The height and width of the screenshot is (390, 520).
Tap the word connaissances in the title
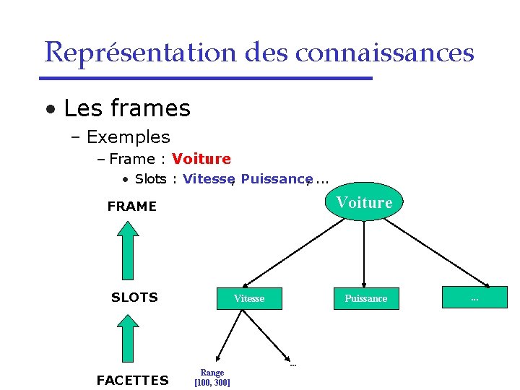[385, 53]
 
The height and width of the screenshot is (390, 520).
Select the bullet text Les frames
[126, 108]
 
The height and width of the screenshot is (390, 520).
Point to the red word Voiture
[201, 159]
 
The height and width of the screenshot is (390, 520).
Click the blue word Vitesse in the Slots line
[208, 179]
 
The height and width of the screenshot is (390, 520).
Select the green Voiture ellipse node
[364, 202]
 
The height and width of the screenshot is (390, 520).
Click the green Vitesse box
[248, 298]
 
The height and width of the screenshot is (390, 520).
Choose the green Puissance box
[365, 298]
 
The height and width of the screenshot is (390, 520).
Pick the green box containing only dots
[474, 298]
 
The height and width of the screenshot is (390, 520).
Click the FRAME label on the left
[131, 207]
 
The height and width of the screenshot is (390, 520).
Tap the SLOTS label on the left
[134, 298]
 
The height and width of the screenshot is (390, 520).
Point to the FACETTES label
[132, 381]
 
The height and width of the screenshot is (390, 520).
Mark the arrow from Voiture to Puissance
[364, 253]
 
